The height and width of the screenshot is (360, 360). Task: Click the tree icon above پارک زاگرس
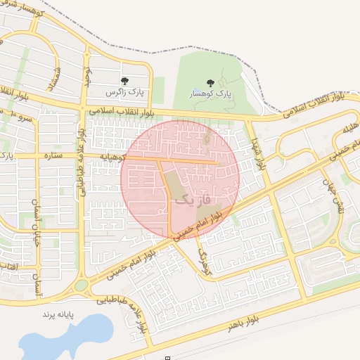[x=124, y=82]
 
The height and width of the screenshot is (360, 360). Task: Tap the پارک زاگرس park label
[x=124, y=92]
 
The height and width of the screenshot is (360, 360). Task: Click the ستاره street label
[x=53, y=155]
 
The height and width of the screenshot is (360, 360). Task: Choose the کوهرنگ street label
[x=205, y=260]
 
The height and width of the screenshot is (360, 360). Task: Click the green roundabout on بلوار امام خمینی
[x=82, y=285]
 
